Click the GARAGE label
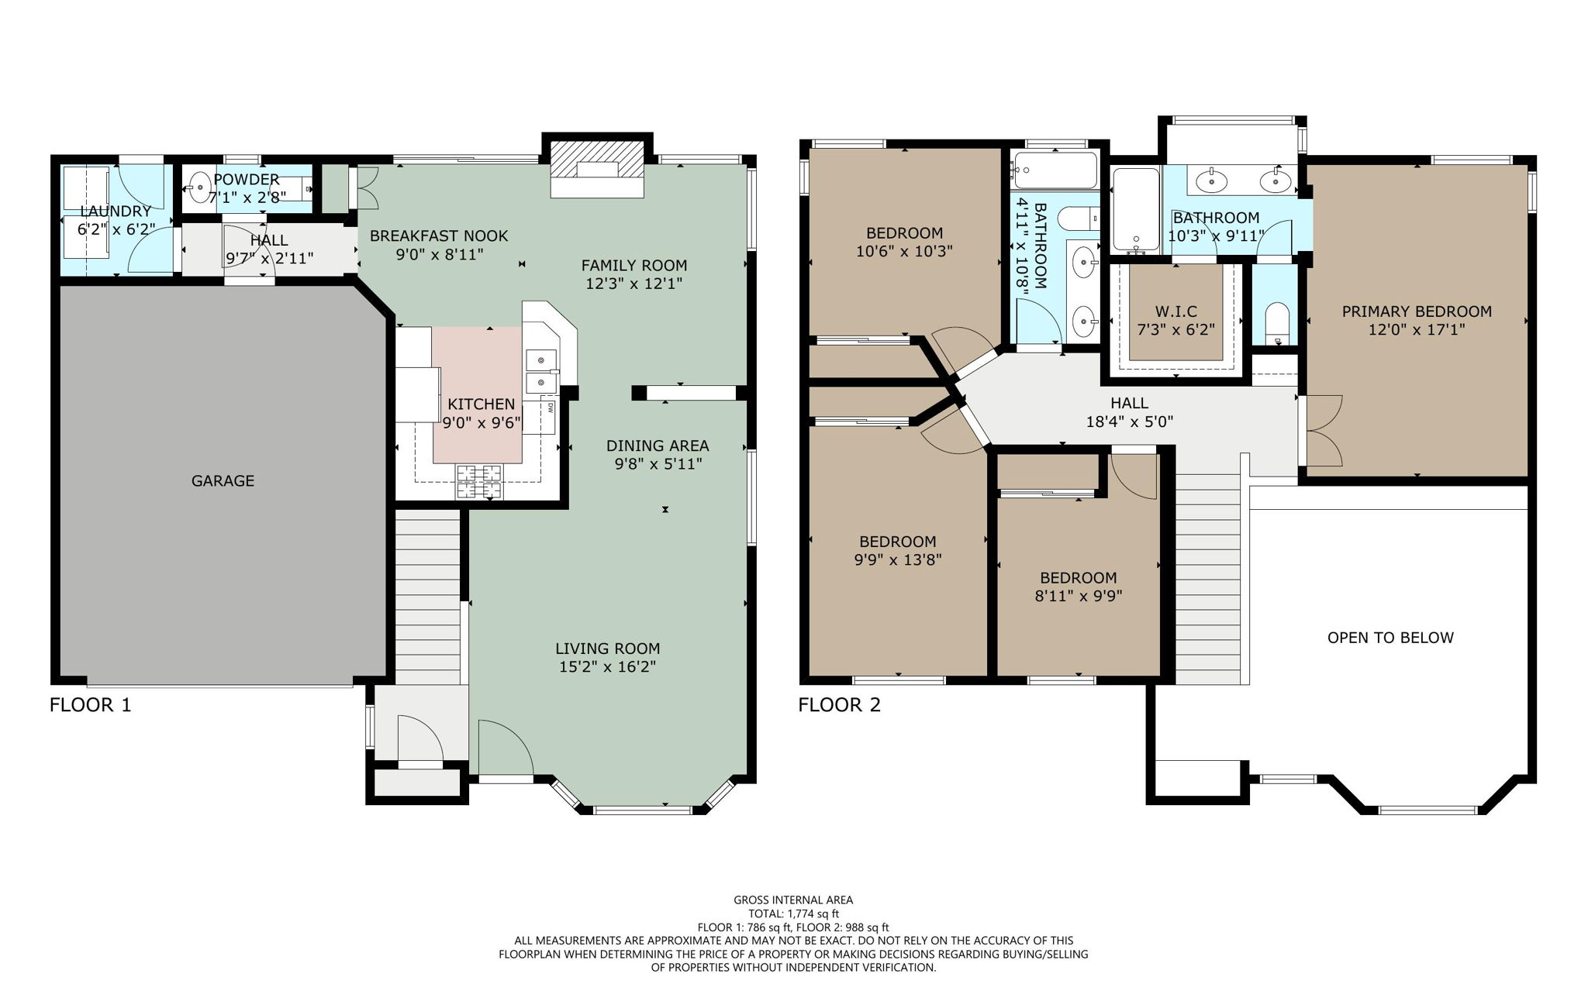223,481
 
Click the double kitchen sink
541,371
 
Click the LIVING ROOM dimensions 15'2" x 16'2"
607,667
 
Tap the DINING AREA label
657,446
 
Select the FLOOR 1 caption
90,705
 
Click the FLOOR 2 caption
839,705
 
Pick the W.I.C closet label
1175,311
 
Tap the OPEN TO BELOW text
1390,638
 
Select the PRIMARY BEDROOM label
1417,311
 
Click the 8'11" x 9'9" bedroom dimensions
1078,596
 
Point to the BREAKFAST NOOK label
439,236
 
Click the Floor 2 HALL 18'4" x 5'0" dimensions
1129,422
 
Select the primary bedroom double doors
1322,431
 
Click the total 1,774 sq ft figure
793,914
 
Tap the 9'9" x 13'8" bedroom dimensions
897,559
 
